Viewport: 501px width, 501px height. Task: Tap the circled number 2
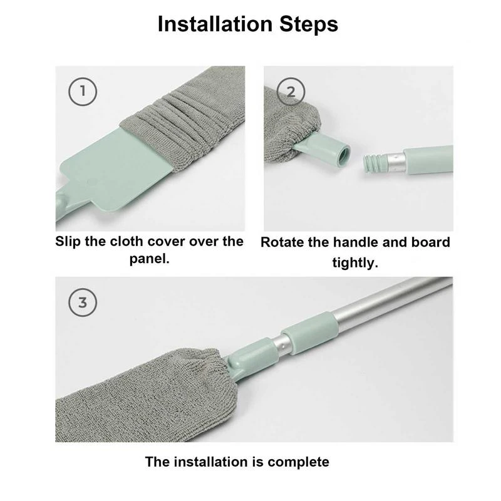[x=291, y=92]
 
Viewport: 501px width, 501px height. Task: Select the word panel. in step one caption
[x=150, y=259]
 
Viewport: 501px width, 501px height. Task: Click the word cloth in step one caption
[x=142, y=242]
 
